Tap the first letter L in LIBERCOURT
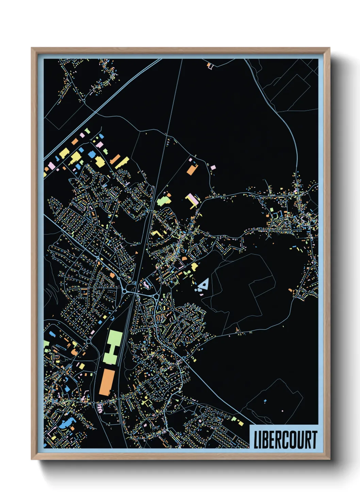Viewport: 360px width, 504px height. click(x=256, y=439)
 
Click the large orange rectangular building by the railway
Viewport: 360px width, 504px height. click(x=107, y=382)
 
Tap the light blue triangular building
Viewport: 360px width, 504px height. click(x=204, y=284)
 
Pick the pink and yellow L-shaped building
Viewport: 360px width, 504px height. click(x=192, y=201)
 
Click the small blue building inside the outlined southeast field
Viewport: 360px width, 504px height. click(x=265, y=401)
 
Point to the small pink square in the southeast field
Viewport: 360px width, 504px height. click(x=282, y=411)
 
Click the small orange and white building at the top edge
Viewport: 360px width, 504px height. click(x=209, y=65)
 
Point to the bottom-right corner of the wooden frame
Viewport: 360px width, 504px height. click(x=329, y=459)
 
